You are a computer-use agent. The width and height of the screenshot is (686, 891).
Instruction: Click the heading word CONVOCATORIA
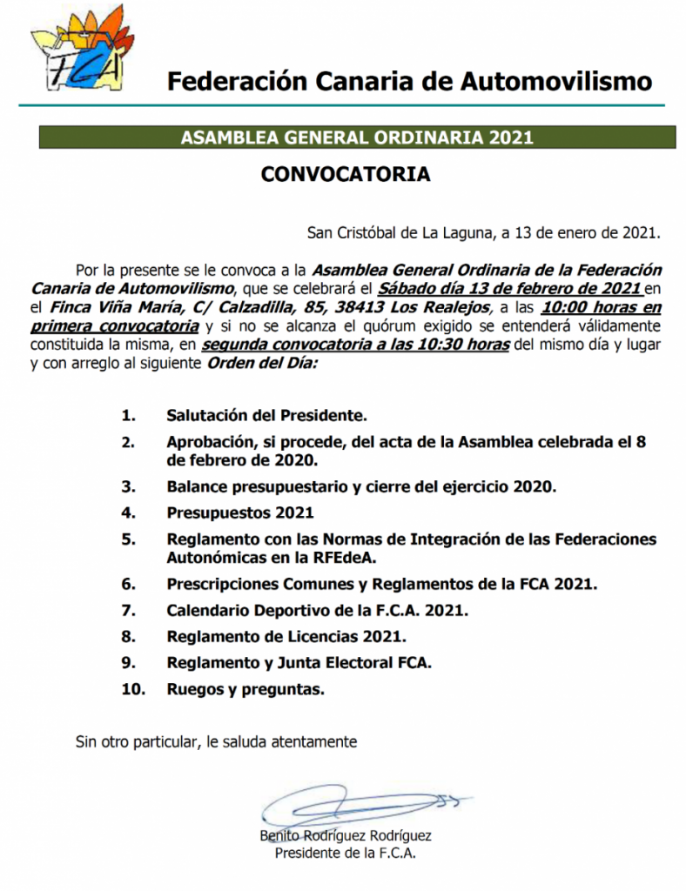click(x=346, y=174)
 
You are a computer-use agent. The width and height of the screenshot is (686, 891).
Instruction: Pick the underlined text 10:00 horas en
click(x=601, y=308)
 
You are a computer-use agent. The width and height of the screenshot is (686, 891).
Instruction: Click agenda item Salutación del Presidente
click(x=267, y=415)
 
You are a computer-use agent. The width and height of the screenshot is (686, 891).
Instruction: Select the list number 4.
click(x=129, y=512)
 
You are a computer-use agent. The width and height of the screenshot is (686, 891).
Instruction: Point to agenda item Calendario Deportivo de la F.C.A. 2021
click(x=317, y=610)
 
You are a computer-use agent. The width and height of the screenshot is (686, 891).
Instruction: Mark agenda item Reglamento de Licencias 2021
click(x=286, y=636)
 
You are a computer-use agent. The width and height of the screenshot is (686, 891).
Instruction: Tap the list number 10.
click(x=132, y=690)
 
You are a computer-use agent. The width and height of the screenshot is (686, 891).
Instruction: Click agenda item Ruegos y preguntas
click(x=245, y=690)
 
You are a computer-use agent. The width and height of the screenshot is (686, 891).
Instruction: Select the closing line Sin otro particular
click(x=216, y=742)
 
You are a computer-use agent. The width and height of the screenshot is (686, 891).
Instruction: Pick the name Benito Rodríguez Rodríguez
click(x=346, y=836)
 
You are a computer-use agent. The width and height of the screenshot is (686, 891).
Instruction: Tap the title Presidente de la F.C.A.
click(x=346, y=854)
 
